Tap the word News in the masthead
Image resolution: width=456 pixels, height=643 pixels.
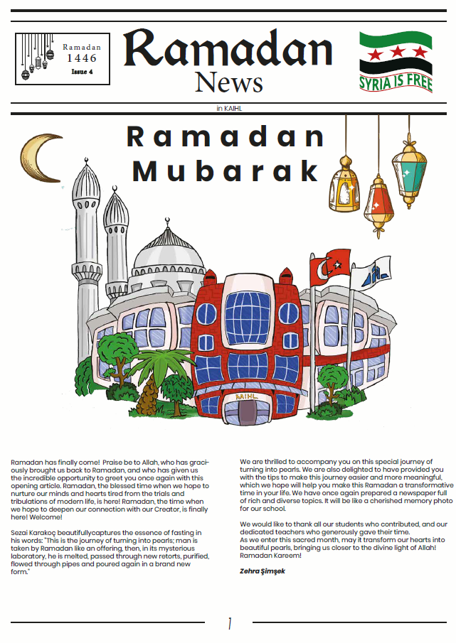pos(229,82)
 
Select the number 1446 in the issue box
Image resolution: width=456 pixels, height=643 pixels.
pos(82,58)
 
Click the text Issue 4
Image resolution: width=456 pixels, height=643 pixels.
pos(82,71)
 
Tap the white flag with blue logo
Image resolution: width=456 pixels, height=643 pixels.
pos(373,272)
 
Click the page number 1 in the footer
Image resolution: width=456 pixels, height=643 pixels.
pos(229,624)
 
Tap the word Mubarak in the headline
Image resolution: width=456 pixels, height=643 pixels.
pos(226,171)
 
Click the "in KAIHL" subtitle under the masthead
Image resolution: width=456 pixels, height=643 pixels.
pos(229,108)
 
